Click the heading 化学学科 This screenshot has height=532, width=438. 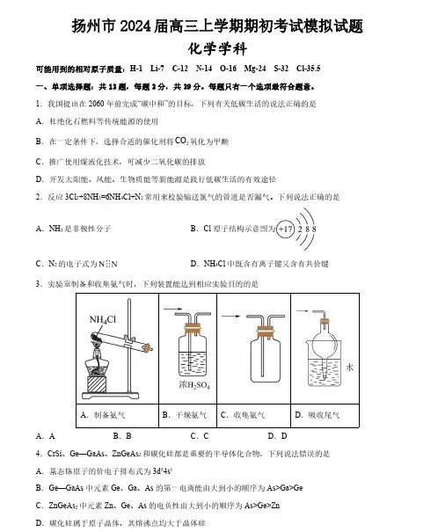pyautogui.click(x=217, y=48)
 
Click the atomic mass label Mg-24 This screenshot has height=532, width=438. pyautogui.click(x=255, y=69)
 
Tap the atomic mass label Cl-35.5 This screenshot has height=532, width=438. pyautogui.click(x=308, y=69)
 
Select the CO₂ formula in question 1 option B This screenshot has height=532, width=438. pyautogui.click(x=181, y=141)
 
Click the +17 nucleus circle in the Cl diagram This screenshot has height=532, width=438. pyautogui.click(x=285, y=229)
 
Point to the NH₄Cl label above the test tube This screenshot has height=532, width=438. pyautogui.click(x=102, y=319)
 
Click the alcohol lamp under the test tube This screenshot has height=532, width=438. pyautogui.click(x=97, y=361)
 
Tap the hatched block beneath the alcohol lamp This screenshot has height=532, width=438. pyautogui.click(x=97, y=384)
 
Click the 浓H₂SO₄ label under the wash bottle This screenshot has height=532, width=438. pyautogui.click(x=194, y=385)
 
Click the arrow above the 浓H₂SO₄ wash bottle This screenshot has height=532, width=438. pyautogui.click(x=173, y=310)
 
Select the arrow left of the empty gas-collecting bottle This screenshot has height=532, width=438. pyautogui.click(x=230, y=317)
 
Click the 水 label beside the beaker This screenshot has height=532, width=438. pyautogui.click(x=349, y=367)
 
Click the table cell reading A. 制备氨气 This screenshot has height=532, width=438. pyautogui.click(x=117, y=415)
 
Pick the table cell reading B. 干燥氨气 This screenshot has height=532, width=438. pyautogui.click(x=187, y=415)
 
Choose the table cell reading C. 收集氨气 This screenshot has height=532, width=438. pyautogui.click(x=254, y=415)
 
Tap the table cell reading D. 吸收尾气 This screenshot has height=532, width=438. pyautogui.click(x=325, y=415)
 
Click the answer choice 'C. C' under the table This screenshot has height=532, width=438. pyautogui.click(x=200, y=436)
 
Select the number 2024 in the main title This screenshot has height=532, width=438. pyautogui.click(x=135, y=26)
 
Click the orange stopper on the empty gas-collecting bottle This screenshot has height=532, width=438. pyautogui.click(x=265, y=332)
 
